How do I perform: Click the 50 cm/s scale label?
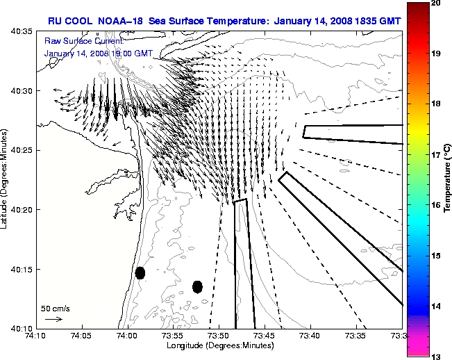tap(56, 308)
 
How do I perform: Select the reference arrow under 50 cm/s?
tap(53, 320)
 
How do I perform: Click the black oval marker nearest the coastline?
tap(140, 272)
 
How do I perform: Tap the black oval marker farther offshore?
tap(197, 286)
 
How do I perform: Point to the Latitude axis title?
tap(6, 179)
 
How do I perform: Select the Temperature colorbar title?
tap(449, 179)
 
